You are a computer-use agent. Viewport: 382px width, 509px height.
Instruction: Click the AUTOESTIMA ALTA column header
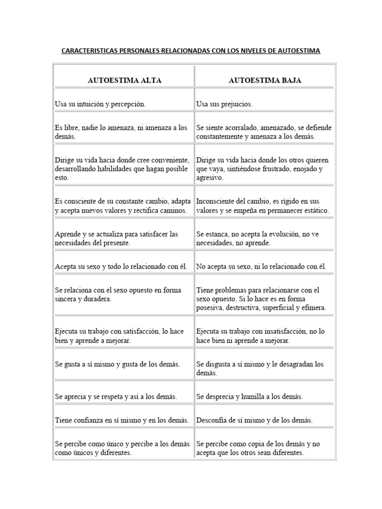(124, 80)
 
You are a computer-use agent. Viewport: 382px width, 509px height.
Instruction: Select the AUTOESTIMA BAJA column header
(265, 80)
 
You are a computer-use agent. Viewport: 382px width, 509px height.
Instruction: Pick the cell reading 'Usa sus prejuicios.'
(224, 104)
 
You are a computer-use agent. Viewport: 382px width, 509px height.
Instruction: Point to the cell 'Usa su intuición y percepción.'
(100, 104)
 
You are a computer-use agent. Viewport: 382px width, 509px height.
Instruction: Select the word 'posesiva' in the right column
(209, 308)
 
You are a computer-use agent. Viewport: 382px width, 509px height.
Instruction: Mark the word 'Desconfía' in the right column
(212, 421)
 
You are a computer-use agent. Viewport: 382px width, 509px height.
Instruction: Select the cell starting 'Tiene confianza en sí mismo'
(122, 421)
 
